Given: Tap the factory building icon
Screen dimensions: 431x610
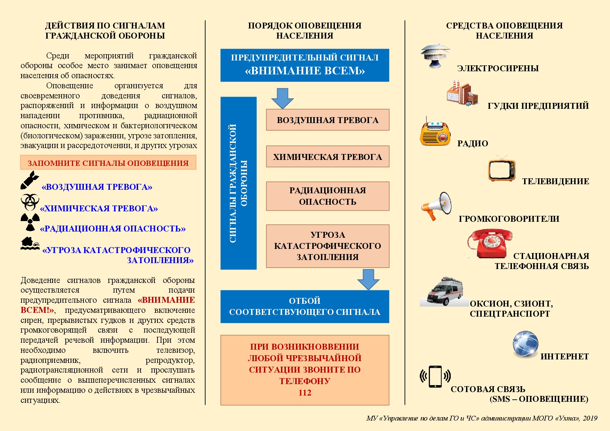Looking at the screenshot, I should (x=462, y=93).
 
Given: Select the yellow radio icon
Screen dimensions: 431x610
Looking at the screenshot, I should (x=435, y=133).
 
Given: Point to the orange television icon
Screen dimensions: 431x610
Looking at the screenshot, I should (x=501, y=170).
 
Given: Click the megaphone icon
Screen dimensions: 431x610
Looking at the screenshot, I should (x=436, y=206).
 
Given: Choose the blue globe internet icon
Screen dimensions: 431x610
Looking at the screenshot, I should (x=525, y=344).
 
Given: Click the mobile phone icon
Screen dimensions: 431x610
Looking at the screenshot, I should (x=435, y=376).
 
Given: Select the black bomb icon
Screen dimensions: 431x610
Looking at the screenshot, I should (x=29, y=180).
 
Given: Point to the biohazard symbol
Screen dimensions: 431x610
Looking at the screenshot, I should (x=30, y=202).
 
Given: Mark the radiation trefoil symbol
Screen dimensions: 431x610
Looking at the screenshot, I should (x=30, y=222).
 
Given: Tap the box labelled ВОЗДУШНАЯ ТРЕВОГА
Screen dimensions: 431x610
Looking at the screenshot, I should (x=327, y=120).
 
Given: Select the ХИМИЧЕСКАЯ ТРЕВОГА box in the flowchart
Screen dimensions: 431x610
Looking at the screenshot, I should (x=327, y=157).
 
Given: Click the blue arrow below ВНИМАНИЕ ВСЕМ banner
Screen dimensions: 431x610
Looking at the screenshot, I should (x=282, y=98).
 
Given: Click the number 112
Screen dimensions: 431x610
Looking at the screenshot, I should (x=305, y=393).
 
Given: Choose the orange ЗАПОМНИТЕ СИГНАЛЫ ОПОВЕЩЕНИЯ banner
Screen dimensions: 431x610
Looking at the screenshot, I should (x=108, y=163).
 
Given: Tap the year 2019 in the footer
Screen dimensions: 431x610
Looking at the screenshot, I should (x=590, y=418).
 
